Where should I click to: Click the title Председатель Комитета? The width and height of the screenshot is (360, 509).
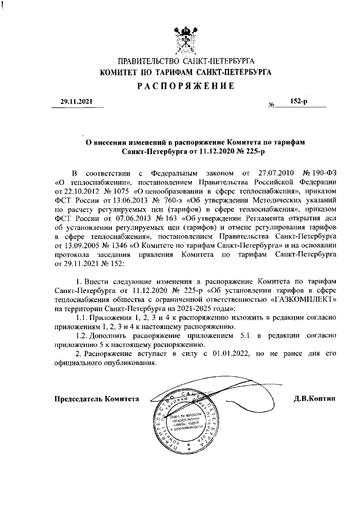coord(96,399)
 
